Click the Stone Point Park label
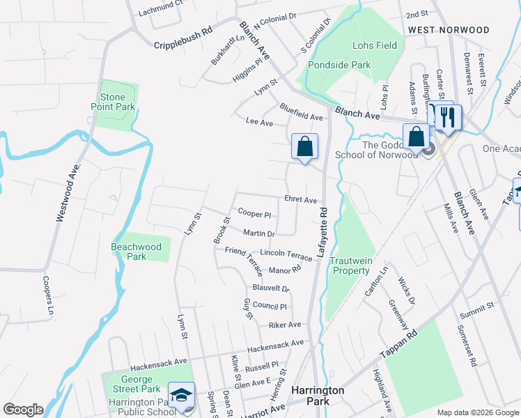click(112, 102)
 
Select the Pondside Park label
click(331, 64)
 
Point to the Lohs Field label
click(375, 46)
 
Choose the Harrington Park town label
click(318, 397)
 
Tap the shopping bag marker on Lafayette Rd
click(304, 147)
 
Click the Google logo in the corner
click(23, 409)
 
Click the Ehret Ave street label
click(300, 199)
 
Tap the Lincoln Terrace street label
click(286, 254)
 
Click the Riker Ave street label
click(284, 325)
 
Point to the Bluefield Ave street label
click(301, 111)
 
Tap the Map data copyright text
click(478, 412)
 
